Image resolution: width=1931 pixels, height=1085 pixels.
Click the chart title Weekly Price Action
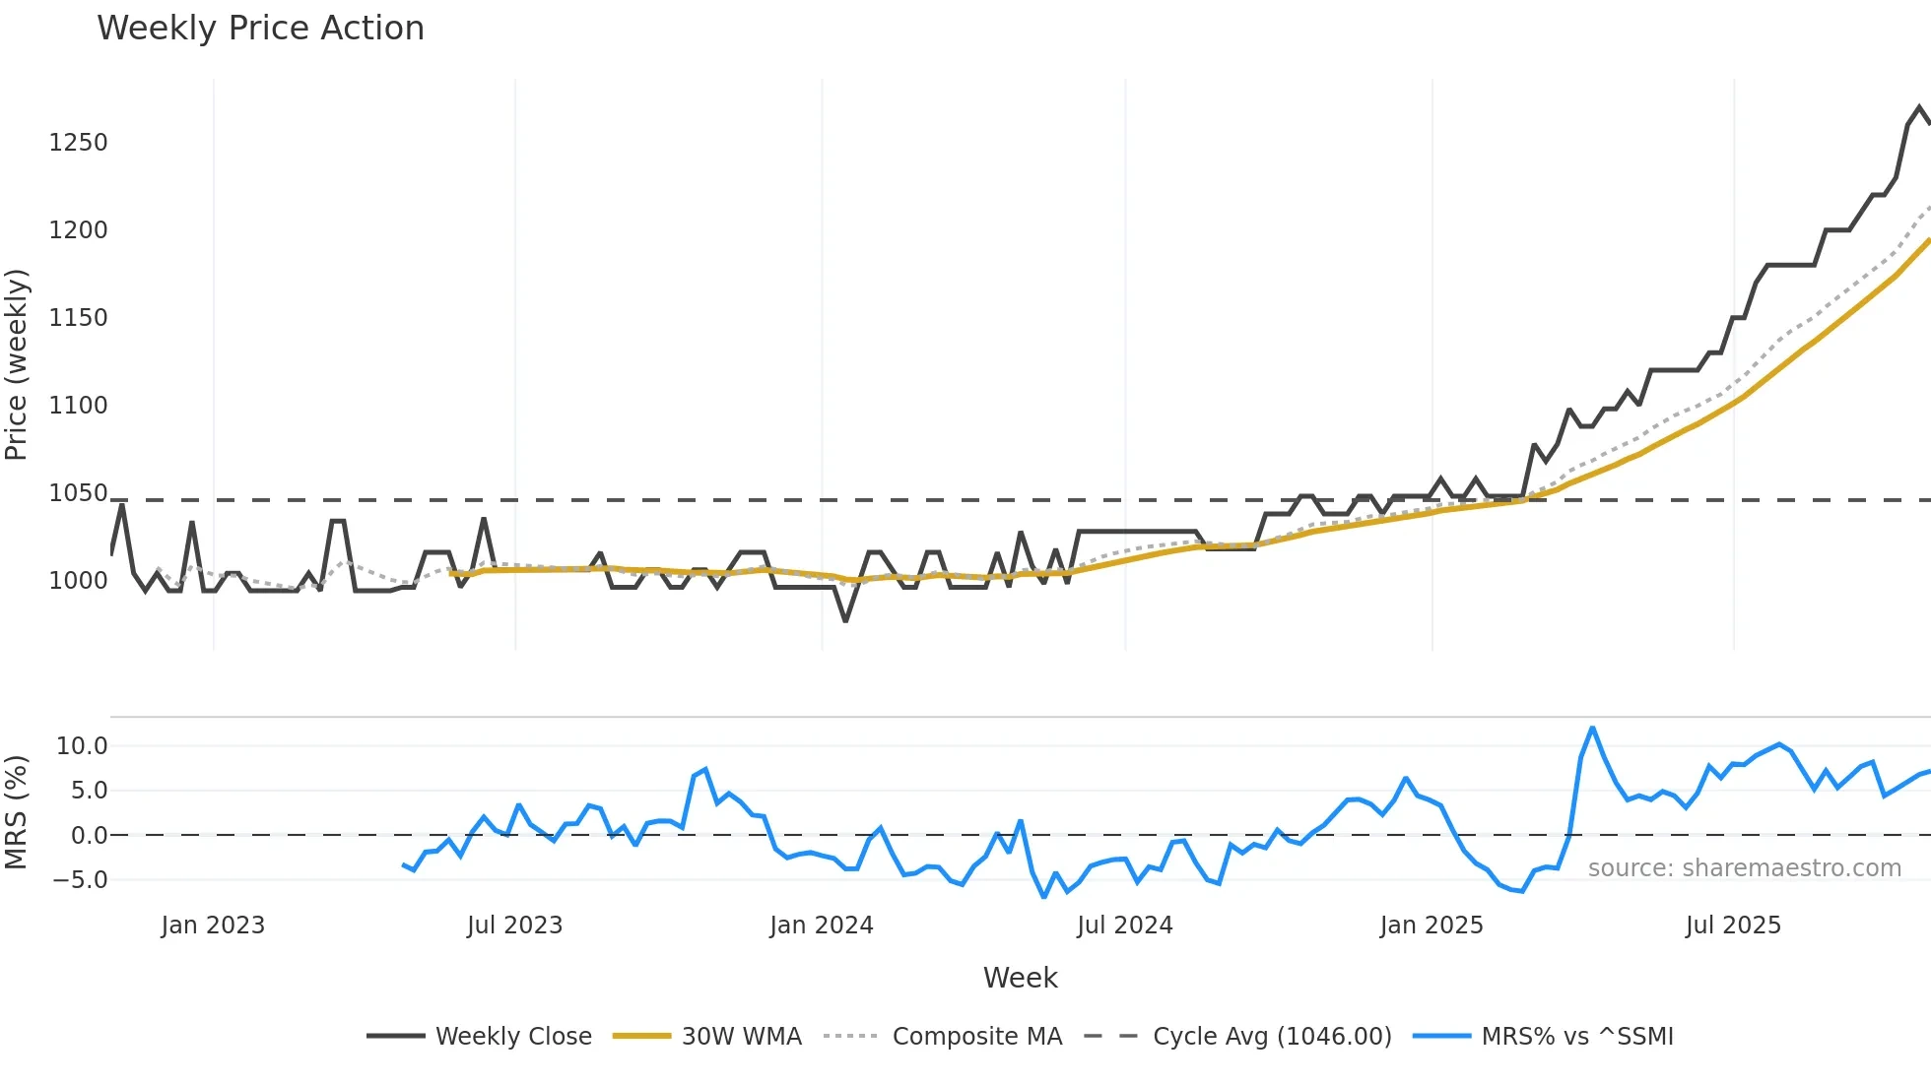pyautogui.click(x=260, y=29)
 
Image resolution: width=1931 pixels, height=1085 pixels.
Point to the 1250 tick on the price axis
pyautogui.click(x=78, y=143)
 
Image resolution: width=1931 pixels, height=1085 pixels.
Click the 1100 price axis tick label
pyautogui.click(x=78, y=406)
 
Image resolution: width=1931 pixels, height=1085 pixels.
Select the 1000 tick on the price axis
pyautogui.click(x=78, y=581)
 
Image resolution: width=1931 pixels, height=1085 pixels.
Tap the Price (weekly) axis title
pyautogui.click(x=17, y=364)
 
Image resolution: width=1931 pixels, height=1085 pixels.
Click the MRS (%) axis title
pyautogui.click(x=17, y=812)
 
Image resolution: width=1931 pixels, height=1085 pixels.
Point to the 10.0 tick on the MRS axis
pyautogui.click(x=82, y=746)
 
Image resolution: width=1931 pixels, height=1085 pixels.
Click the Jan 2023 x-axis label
pyautogui.click(x=213, y=925)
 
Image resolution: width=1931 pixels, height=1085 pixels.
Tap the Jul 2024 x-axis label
pyautogui.click(x=1124, y=925)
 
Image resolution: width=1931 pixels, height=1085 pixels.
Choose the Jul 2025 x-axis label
pyautogui.click(x=1733, y=925)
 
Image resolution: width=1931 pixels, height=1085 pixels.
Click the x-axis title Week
pyautogui.click(x=1020, y=978)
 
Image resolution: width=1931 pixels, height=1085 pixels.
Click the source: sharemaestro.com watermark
pyautogui.click(x=1744, y=868)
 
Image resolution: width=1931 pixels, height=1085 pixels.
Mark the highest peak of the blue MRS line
pyautogui.click(x=1592, y=728)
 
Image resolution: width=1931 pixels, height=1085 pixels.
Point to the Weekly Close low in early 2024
pyautogui.click(x=845, y=620)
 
